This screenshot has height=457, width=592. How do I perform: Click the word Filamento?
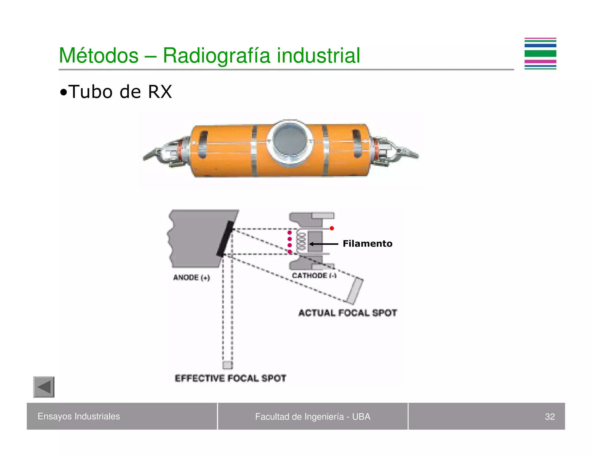[x=367, y=244]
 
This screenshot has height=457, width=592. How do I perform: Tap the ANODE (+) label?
[x=191, y=278]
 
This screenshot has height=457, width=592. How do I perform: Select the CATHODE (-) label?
[x=314, y=276]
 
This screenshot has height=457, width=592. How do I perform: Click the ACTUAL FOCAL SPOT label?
[x=348, y=313]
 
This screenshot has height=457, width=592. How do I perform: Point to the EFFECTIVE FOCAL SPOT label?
[x=230, y=378]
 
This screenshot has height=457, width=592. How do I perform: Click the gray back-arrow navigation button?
[x=44, y=387]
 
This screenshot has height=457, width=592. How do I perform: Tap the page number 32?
[x=550, y=417]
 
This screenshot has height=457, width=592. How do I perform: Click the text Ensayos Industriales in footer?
[x=79, y=416]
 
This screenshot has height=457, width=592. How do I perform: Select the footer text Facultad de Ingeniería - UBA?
[x=312, y=417]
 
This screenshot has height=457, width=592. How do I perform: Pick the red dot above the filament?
[x=332, y=228]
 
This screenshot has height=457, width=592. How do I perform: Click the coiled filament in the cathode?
[x=301, y=241]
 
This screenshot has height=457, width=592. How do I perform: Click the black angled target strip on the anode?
[x=225, y=239]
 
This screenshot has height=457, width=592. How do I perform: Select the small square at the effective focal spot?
[x=227, y=365]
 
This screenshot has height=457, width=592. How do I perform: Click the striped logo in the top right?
[x=540, y=54]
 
